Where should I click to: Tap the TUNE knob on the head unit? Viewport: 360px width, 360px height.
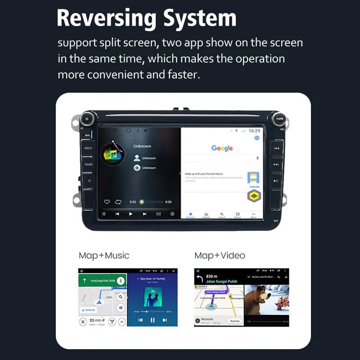point(280,119)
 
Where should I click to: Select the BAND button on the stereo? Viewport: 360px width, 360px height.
point(89,164)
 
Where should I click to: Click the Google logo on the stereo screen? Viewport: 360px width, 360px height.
point(222,148)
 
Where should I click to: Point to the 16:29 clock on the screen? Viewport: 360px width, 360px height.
point(254,130)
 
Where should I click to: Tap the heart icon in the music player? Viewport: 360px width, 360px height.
point(107,202)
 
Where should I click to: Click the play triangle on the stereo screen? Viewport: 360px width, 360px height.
point(131,214)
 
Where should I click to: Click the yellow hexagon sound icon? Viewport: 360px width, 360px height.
point(254,197)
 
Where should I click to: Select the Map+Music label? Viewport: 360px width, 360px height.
point(104,256)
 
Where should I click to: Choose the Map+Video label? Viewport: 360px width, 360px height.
point(220,256)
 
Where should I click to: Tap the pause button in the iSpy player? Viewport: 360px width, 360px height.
point(153,320)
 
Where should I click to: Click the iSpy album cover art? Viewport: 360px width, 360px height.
point(153,297)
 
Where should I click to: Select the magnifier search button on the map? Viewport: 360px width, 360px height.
point(121,297)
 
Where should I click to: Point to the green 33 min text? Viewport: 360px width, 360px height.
point(95,320)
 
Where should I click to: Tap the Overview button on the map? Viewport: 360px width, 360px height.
point(234,321)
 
